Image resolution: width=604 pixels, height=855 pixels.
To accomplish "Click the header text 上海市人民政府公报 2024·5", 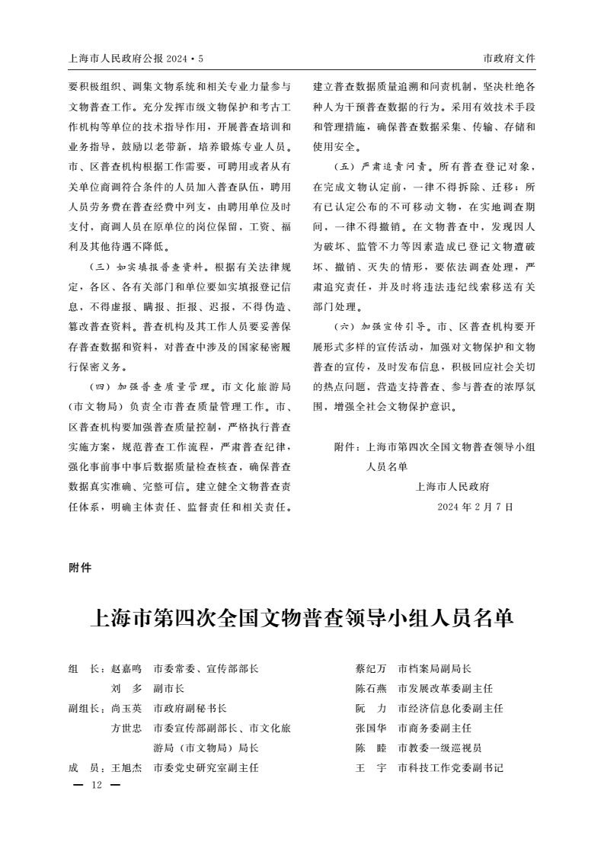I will (x=137, y=58).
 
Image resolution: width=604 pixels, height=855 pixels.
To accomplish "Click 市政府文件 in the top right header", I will (x=509, y=58).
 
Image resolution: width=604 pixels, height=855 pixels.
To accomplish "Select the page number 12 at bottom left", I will (x=96, y=785).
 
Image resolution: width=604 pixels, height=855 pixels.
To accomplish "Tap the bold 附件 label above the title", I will (x=80, y=568).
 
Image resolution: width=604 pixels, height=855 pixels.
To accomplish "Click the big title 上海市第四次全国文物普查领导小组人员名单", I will (x=302, y=618).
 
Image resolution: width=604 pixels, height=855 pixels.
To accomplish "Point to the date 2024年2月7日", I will (x=475, y=506).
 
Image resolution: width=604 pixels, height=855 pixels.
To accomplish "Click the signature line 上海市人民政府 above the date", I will (x=453, y=486).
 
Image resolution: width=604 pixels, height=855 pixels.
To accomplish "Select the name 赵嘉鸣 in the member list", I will (x=126, y=668).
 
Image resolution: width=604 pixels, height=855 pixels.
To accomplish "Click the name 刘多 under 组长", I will (x=126, y=688).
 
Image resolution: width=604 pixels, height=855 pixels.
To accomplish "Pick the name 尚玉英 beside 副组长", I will (x=126, y=708).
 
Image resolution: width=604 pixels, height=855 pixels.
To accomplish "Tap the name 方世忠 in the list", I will (x=126, y=728).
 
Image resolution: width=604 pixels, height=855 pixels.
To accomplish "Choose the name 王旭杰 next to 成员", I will (x=126, y=767).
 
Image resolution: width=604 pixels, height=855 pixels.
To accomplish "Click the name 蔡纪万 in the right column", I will (x=371, y=668).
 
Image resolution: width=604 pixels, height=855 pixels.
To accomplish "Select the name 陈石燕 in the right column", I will (x=371, y=688).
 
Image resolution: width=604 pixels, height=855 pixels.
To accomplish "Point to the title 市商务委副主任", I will (x=435, y=728).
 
